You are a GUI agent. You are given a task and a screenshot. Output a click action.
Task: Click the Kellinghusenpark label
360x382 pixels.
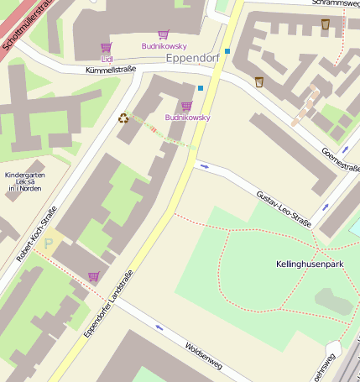[310, 264]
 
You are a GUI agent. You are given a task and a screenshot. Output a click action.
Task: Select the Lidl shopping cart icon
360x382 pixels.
[107, 48]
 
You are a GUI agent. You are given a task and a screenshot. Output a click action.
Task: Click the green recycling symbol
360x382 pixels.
[123, 118]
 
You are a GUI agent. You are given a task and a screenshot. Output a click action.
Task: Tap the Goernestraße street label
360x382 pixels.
[340, 156]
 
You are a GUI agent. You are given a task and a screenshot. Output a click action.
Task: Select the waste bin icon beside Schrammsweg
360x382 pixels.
[326, 24]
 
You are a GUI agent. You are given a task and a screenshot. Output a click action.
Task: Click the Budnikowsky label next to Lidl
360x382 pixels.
[164, 46]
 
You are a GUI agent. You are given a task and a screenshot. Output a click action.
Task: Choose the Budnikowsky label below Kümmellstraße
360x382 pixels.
[187, 118]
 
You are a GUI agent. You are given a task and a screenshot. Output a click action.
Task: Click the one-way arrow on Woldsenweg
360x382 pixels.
[158, 327]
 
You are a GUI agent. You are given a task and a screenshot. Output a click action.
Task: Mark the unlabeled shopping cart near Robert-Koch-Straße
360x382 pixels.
[93, 276]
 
